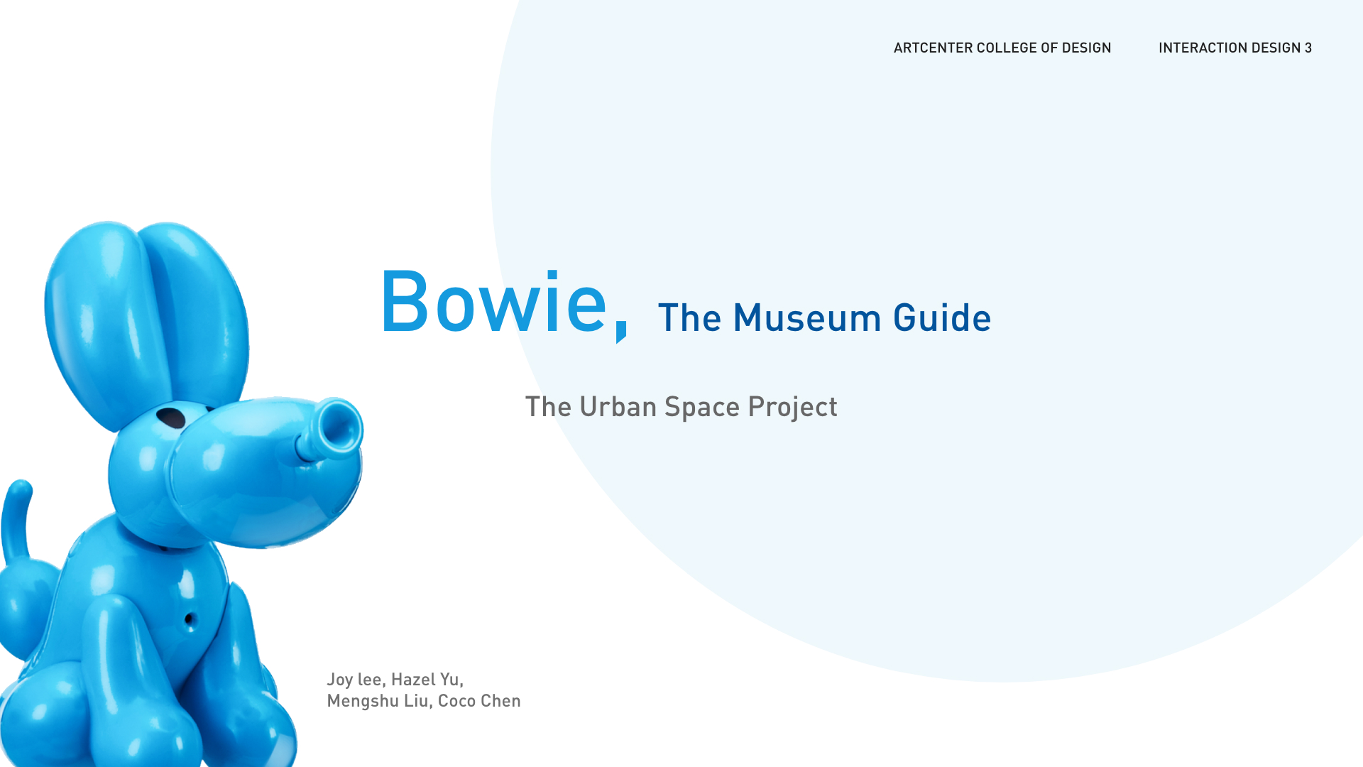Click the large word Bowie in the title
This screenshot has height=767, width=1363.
click(494, 301)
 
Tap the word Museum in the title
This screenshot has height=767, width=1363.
click(806, 317)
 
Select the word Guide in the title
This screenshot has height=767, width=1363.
click(942, 317)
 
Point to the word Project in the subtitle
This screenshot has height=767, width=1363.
click(793, 408)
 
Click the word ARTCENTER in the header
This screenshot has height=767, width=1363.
click(932, 48)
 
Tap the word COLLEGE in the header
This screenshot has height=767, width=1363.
click(1007, 48)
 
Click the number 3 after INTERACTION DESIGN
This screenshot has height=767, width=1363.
click(1308, 48)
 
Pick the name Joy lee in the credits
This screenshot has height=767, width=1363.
click(354, 680)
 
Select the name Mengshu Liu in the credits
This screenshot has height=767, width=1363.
click(378, 701)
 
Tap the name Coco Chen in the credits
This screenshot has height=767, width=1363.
click(479, 701)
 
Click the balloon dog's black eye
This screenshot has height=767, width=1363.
click(171, 418)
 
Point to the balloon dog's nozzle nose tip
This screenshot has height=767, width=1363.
click(339, 428)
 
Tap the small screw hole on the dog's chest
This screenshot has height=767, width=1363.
click(190, 620)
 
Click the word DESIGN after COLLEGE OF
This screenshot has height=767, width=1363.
click(1086, 48)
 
